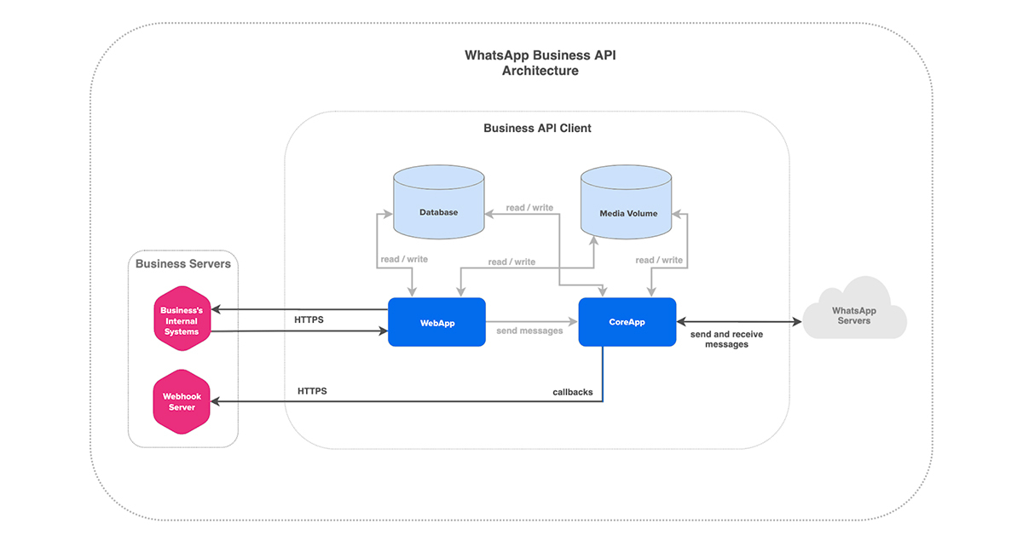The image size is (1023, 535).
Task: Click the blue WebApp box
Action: (436, 322)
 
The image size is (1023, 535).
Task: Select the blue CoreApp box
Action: (627, 322)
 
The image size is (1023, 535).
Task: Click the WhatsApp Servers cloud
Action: (853, 314)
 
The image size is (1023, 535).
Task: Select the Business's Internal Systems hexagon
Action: (181, 320)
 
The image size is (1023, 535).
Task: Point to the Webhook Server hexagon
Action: (181, 401)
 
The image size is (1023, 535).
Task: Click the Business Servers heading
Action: (182, 264)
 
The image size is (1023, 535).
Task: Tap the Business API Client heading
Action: (537, 129)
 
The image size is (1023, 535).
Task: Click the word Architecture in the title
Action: (540, 72)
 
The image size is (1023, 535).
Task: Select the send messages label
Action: (529, 331)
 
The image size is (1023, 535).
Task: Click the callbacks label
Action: (572, 393)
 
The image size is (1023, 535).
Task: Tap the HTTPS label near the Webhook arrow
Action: (312, 391)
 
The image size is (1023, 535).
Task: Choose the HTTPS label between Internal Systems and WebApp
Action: (309, 320)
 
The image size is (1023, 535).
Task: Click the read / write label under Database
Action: (405, 259)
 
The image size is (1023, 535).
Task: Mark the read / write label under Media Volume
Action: (659, 260)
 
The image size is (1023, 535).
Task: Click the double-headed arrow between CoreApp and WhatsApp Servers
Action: (738, 322)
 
